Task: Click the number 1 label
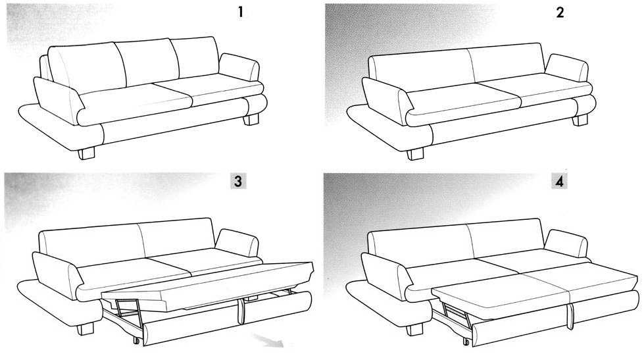coord(241,13)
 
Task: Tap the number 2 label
coord(560,13)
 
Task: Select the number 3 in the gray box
coord(238,181)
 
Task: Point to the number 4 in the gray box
coord(559,181)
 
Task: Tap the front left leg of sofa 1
coord(86,153)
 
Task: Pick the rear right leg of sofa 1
coord(251,120)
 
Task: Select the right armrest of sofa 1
coord(239,67)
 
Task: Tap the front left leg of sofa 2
coord(415,154)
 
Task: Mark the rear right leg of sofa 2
coord(580,120)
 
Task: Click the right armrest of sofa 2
coord(567,68)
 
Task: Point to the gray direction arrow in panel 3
coord(269,341)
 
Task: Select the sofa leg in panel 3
coord(86,329)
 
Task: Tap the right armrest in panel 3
coord(237,243)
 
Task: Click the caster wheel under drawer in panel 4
coord(466,341)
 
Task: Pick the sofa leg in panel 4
coord(414,330)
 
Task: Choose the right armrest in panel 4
coord(566,244)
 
